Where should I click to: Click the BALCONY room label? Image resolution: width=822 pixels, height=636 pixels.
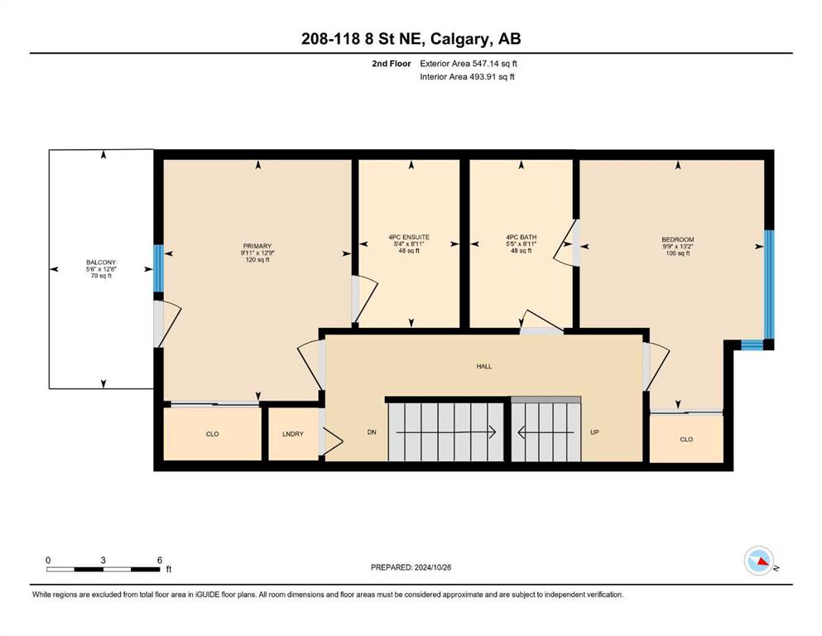click(x=101, y=263)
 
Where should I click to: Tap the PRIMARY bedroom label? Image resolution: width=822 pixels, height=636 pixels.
click(x=257, y=246)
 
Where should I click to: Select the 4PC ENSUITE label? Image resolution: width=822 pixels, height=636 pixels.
click(x=409, y=237)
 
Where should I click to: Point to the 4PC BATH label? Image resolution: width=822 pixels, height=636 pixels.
click(x=521, y=237)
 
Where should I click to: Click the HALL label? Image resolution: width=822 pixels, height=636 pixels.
click(x=484, y=367)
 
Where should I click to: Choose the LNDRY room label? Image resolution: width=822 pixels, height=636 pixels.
click(x=293, y=434)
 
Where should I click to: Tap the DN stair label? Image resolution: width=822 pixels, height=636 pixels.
click(x=372, y=432)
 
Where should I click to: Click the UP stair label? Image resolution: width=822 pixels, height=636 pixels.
click(x=594, y=432)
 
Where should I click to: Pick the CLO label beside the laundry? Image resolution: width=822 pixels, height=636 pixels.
click(x=212, y=434)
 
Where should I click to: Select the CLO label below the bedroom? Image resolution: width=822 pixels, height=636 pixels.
click(x=686, y=440)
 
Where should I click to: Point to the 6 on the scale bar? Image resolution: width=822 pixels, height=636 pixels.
click(x=160, y=560)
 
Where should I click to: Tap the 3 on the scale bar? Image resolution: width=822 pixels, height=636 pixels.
click(x=103, y=560)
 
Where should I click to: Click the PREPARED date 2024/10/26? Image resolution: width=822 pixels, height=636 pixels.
click(x=433, y=567)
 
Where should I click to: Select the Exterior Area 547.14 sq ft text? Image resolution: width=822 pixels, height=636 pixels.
click(x=469, y=64)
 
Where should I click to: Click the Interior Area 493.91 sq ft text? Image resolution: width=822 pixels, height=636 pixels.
click(x=467, y=76)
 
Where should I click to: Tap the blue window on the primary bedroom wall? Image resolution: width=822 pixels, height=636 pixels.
click(x=158, y=268)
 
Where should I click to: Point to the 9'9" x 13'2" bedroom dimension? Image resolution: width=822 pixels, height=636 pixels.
click(x=678, y=247)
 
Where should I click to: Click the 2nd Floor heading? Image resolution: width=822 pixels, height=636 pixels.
click(x=392, y=64)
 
